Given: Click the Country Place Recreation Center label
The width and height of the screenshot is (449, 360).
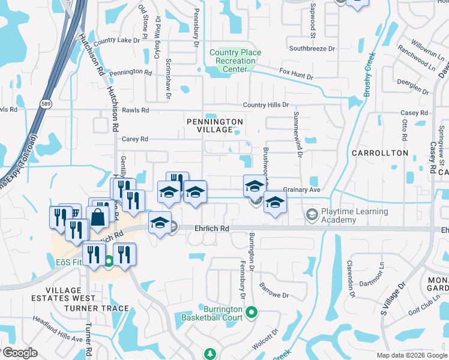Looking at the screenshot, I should pyautogui.click(x=235, y=61).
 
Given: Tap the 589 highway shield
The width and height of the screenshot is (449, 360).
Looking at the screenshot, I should pyautogui.click(x=46, y=103).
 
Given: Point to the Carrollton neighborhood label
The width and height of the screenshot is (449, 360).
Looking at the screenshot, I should pyautogui.click(x=380, y=153).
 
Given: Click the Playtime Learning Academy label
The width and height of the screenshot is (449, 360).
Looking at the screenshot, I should pyautogui.click(x=355, y=216).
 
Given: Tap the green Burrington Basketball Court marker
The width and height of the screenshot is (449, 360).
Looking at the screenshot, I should pyautogui.click(x=252, y=312).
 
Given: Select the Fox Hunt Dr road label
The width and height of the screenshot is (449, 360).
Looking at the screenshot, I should pyautogui.click(x=297, y=73).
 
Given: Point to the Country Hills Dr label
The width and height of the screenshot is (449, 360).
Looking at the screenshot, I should pyautogui.click(x=266, y=105).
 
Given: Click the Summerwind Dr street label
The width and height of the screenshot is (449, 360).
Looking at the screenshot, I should pyautogui.click(x=297, y=133).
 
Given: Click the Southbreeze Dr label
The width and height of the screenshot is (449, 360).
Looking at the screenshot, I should pyautogui.click(x=312, y=48).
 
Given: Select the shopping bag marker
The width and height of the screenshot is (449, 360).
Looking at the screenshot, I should pyautogui.click(x=97, y=217).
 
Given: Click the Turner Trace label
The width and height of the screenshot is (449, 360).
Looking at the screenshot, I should pyautogui.click(x=98, y=308).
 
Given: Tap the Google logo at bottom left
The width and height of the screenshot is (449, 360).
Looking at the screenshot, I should pyautogui.click(x=19, y=353).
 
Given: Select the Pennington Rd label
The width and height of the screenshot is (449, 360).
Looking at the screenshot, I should pyautogui.click(x=130, y=71).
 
